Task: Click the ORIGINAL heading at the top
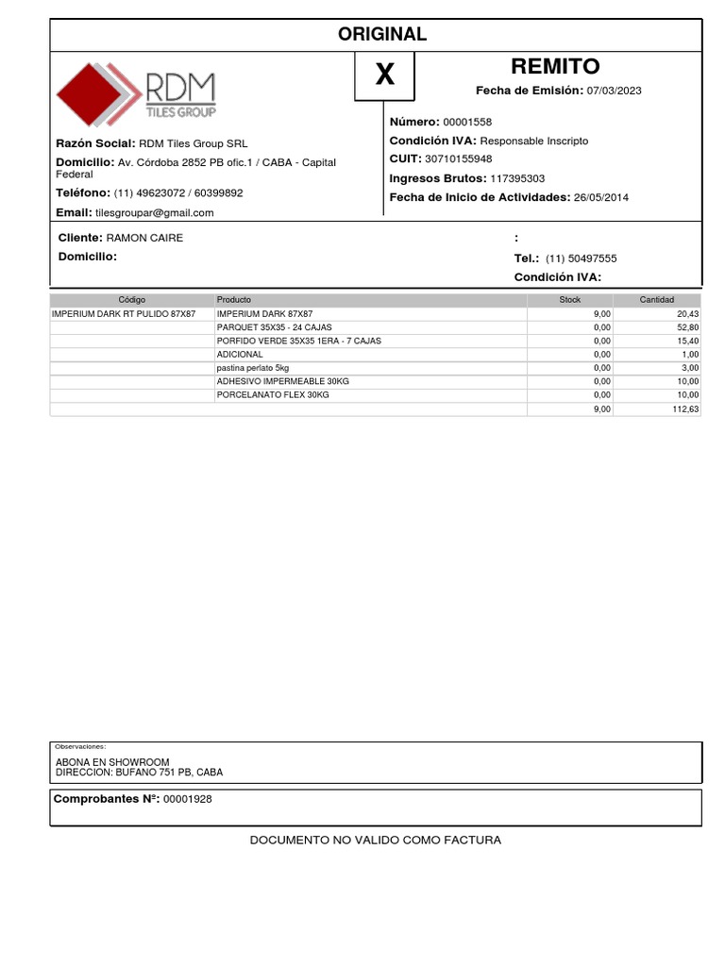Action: click(x=382, y=34)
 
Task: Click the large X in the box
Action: click(x=384, y=75)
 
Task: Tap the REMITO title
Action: click(x=555, y=66)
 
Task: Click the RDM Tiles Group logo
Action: click(x=136, y=94)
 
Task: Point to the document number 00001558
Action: click(x=467, y=122)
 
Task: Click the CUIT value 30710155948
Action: click(x=459, y=158)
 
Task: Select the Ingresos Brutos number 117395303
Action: click(x=517, y=178)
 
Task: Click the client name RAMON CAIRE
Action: click(x=144, y=238)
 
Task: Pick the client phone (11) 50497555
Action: click(x=582, y=258)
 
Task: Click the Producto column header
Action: click(x=234, y=299)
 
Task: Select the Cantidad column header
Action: click(x=657, y=299)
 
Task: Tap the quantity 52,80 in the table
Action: click(x=686, y=327)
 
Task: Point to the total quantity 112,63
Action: click(x=685, y=408)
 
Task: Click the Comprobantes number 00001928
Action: click(x=188, y=799)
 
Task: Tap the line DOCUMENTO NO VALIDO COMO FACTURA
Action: click(x=375, y=840)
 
